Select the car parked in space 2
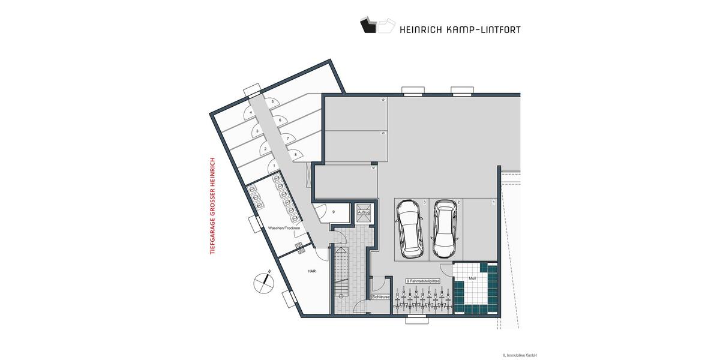click(445, 228)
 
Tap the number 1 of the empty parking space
click(493, 203)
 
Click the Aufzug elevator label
click(364, 212)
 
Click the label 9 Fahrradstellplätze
click(424, 280)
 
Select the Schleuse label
click(381, 296)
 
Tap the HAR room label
click(311, 271)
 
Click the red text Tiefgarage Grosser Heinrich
click(212, 206)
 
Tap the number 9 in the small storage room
click(333, 211)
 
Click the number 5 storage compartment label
click(273, 103)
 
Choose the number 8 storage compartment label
click(295, 155)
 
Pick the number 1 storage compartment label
click(274, 165)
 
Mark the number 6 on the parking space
click(382, 100)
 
